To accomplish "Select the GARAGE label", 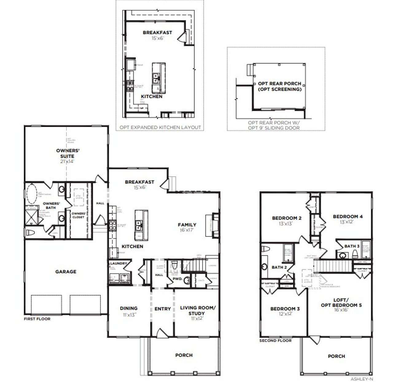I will pos(66,272).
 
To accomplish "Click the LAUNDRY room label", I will pos(119,263).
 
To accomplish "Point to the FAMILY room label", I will pos(187,225).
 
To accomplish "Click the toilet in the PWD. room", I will pos(175,264).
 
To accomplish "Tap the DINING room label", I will pos(129,308).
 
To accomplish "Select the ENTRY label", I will pos(162,309).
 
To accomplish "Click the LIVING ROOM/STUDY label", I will pos(198,311).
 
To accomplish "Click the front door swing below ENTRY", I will pos(161,333).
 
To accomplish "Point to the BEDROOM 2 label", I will pos(286,218).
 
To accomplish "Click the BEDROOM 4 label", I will pos(348,216).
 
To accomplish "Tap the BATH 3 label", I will pos(352,246).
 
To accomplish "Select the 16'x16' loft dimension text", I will pos(341,310).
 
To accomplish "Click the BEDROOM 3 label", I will pos(285,309).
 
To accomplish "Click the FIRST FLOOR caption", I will pos(37,319).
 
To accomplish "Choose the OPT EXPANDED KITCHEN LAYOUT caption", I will pos(160,127).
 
